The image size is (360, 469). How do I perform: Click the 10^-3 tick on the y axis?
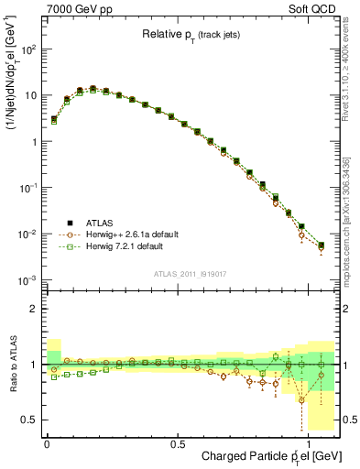[28, 279]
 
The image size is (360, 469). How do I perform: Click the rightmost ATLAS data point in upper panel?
[321, 245]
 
